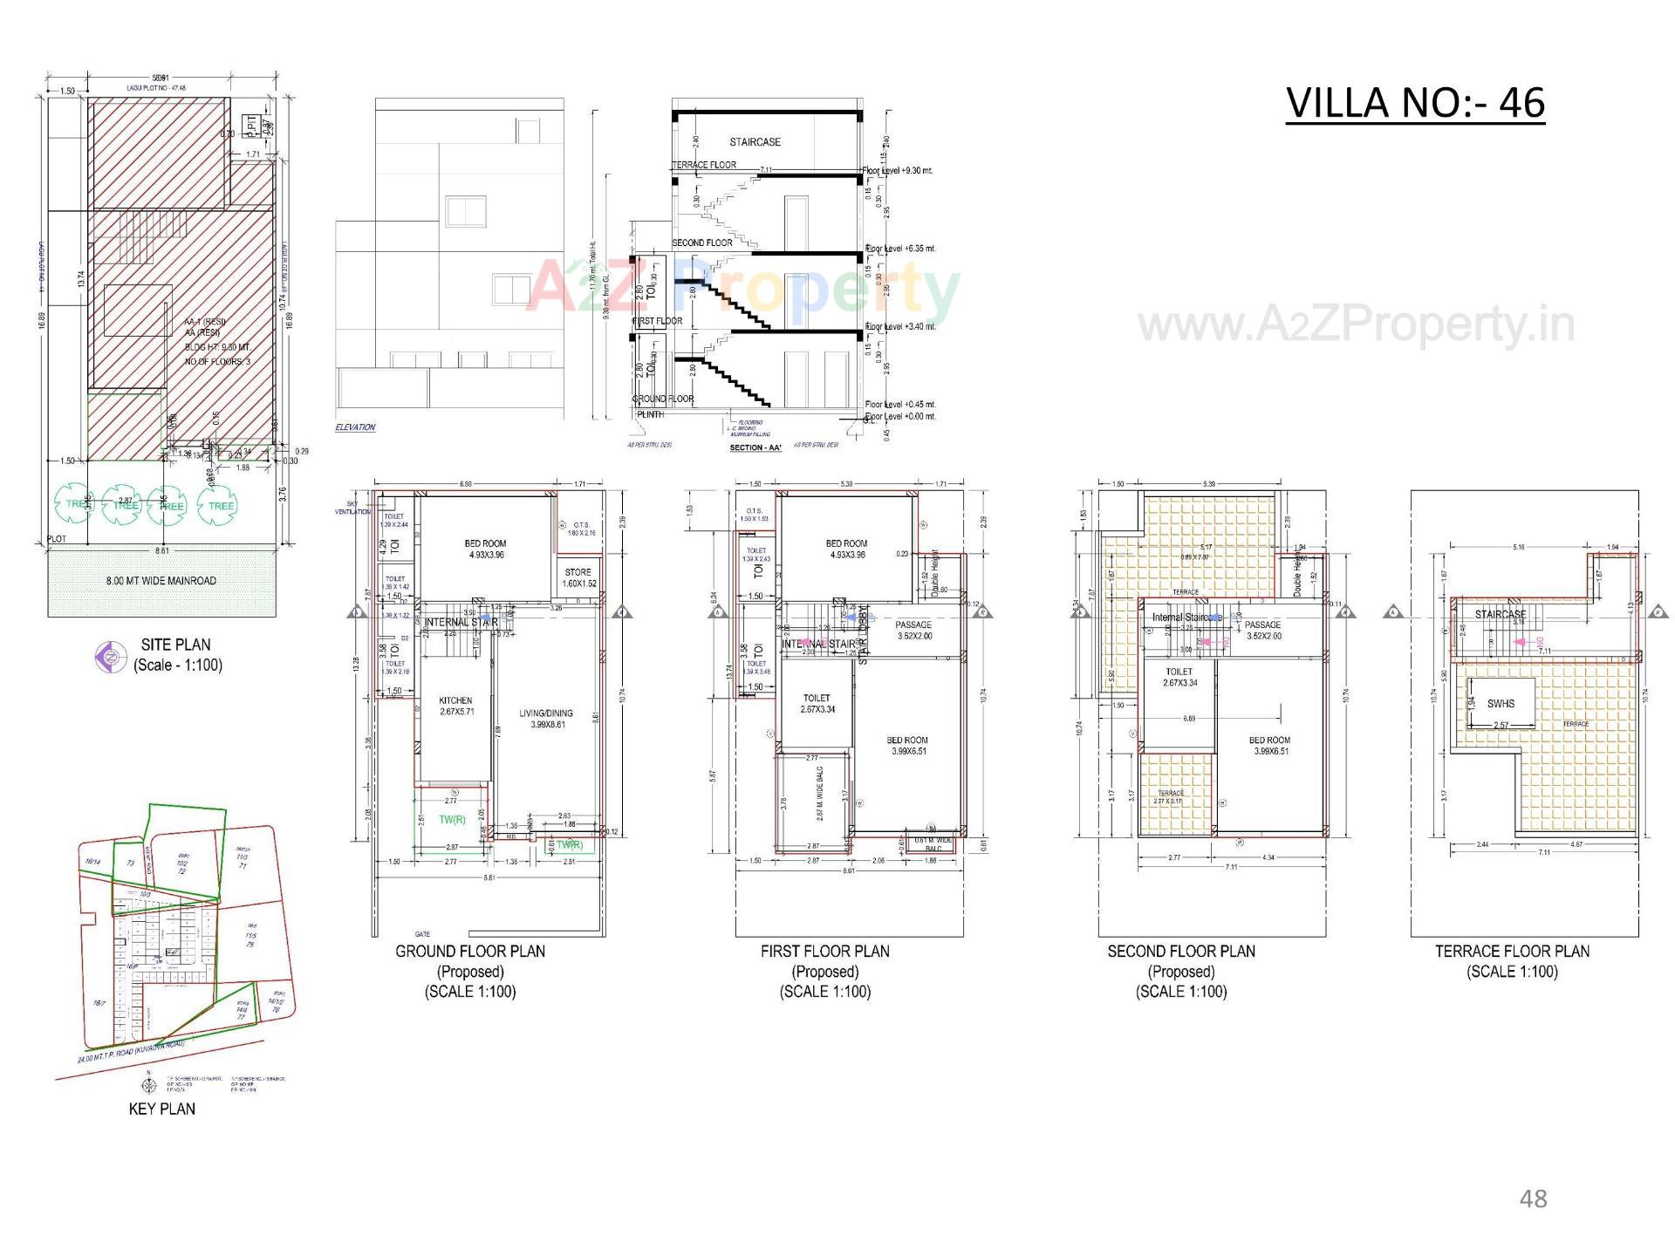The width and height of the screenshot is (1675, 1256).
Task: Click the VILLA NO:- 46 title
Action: (1415, 103)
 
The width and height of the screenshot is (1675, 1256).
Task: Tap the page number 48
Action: (1533, 1198)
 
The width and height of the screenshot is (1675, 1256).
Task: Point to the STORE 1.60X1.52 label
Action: (578, 577)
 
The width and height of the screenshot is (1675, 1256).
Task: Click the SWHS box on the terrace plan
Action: (1501, 703)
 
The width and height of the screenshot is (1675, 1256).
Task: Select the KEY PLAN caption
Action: (162, 1109)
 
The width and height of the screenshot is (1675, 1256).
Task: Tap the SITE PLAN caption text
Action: (176, 645)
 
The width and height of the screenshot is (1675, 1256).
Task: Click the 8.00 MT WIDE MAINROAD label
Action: (161, 580)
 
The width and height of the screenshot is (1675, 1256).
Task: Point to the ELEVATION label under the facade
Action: (355, 427)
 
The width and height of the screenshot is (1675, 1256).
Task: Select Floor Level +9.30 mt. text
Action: (899, 170)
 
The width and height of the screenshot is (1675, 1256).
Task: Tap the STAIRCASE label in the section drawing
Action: (755, 141)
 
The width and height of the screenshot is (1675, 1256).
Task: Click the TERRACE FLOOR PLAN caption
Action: (1512, 951)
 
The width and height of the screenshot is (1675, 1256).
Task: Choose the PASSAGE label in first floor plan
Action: (913, 625)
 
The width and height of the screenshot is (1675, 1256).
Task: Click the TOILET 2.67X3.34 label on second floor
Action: (1179, 678)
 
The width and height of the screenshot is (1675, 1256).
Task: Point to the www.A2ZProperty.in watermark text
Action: (1356, 324)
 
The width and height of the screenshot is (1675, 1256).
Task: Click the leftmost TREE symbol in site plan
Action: (75, 504)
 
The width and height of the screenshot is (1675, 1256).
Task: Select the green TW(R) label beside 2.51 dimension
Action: (452, 819)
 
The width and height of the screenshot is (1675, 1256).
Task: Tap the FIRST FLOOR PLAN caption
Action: (824, 951)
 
